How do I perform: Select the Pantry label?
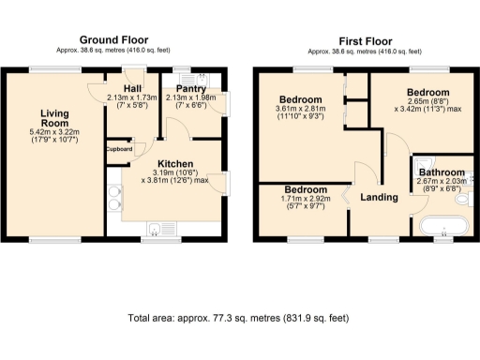tap(190, 87)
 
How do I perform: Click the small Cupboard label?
tap(118, 149)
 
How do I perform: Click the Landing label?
tap(379, 197)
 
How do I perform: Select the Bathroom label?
tap(442, 173)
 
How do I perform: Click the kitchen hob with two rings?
tap(114, 197)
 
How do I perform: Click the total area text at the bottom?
tap(238, 319)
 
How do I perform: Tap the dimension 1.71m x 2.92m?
tap(299, 199)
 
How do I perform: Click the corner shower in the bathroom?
tap(420, 163)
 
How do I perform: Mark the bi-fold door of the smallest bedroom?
tap(344, 195)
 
